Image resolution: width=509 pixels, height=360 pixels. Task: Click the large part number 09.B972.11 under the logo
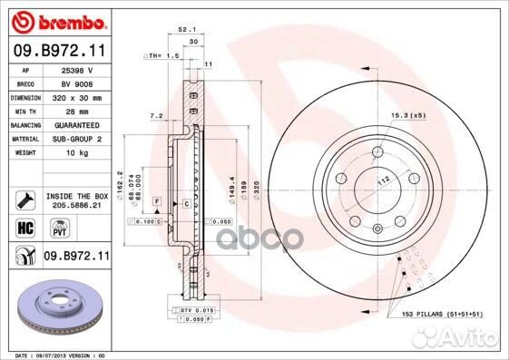[61, 50]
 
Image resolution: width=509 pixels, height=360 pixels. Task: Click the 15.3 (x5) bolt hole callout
[406, 115]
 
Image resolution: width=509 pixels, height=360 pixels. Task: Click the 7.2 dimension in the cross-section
[155, 117]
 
